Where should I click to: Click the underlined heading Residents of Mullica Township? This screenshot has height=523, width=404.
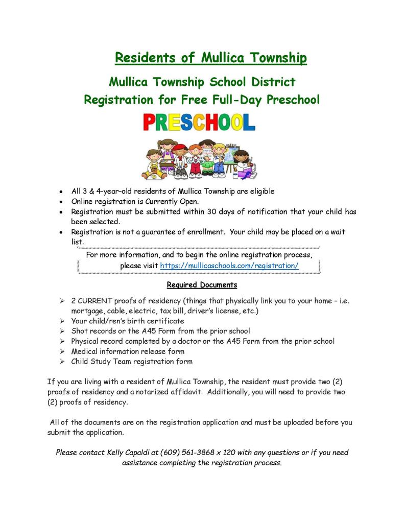[210, 58]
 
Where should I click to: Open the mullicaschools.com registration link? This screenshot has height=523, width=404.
[229, 266]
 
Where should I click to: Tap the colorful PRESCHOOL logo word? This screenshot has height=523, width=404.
[199, 123]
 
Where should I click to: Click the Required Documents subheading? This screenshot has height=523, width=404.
[202, 284]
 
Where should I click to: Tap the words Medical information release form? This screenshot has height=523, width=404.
[128, 351]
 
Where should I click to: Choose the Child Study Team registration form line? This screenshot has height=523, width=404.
[132, 362]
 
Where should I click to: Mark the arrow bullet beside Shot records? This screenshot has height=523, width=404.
[61, 331]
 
